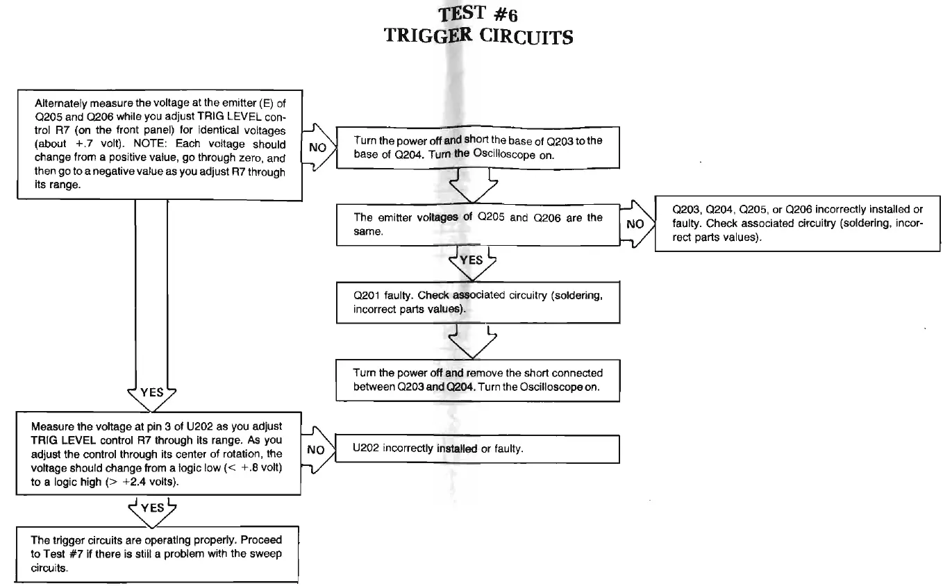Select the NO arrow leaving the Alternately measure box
[x=317, y=148]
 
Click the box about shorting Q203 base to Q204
[x=477, y=146]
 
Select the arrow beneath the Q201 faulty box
[x=472, y=340]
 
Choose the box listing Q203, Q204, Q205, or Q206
[x=797, y=224]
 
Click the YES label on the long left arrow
[x=152, y=392]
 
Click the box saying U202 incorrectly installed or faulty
[x=477, y=449]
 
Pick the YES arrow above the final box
[x=152, y=508]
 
